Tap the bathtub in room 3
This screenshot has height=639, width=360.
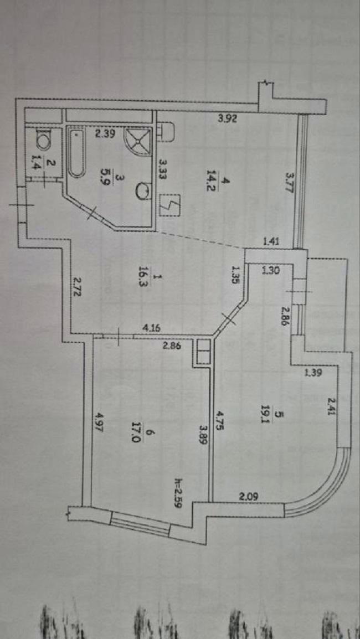pos(76,153)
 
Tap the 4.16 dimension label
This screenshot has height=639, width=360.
pos(152,328)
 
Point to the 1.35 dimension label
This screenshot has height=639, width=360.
pos(236,275)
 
